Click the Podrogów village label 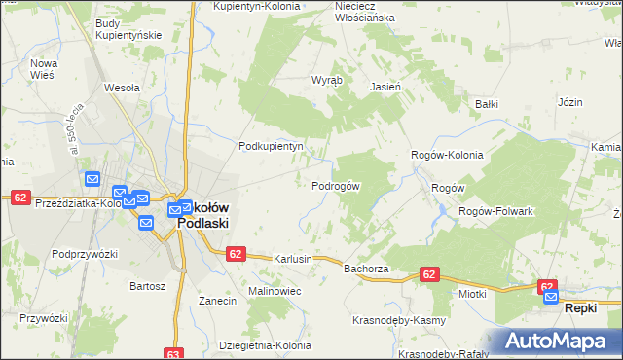(336, 186)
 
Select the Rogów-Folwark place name (495, 211)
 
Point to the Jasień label (385, 86)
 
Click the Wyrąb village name (324, 81)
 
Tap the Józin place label (570, 101)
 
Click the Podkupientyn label (272, 146)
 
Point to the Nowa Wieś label (45, 69)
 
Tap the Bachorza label (366, 268)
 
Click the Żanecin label (218, 301)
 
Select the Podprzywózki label (85, 254)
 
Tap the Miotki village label (471, 292)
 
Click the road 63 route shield (173, 354)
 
